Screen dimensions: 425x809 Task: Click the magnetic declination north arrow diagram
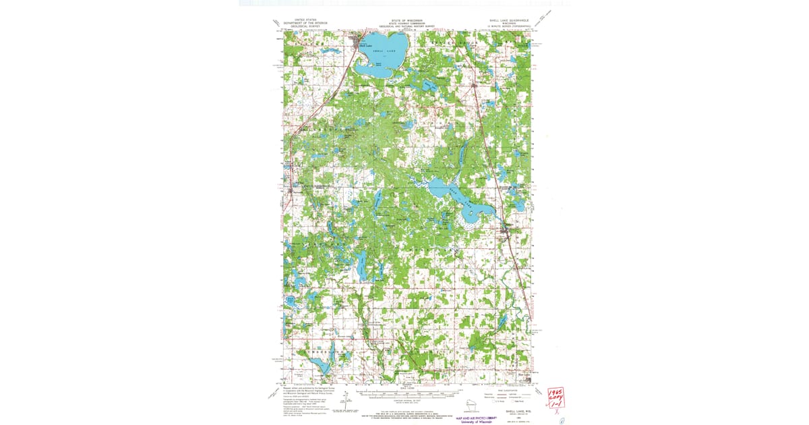[x=345, y=402]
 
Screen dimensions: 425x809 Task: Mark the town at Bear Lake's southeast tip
[x=509, y=232]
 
